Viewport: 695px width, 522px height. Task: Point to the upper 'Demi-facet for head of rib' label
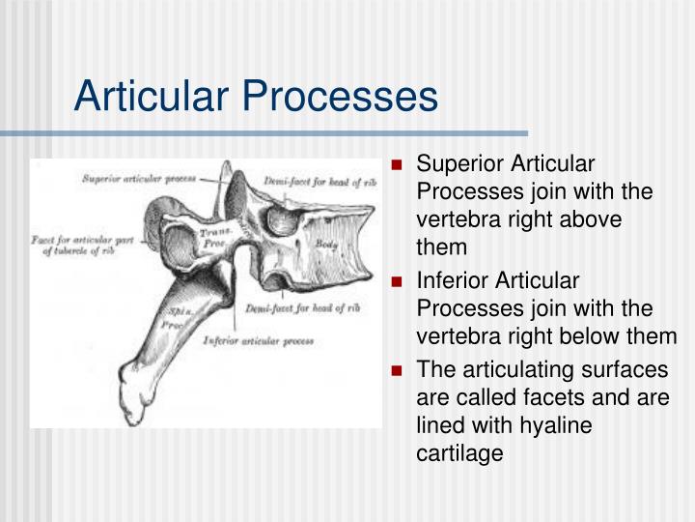[x=320, y=181]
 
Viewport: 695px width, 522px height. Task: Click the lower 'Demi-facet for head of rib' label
[x=302, y=308]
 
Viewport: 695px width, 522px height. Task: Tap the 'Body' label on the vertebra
[x=326, y=245]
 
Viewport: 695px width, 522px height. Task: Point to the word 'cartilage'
[x=459, y=452]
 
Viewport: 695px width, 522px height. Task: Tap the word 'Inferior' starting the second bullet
[x=451, y=281]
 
